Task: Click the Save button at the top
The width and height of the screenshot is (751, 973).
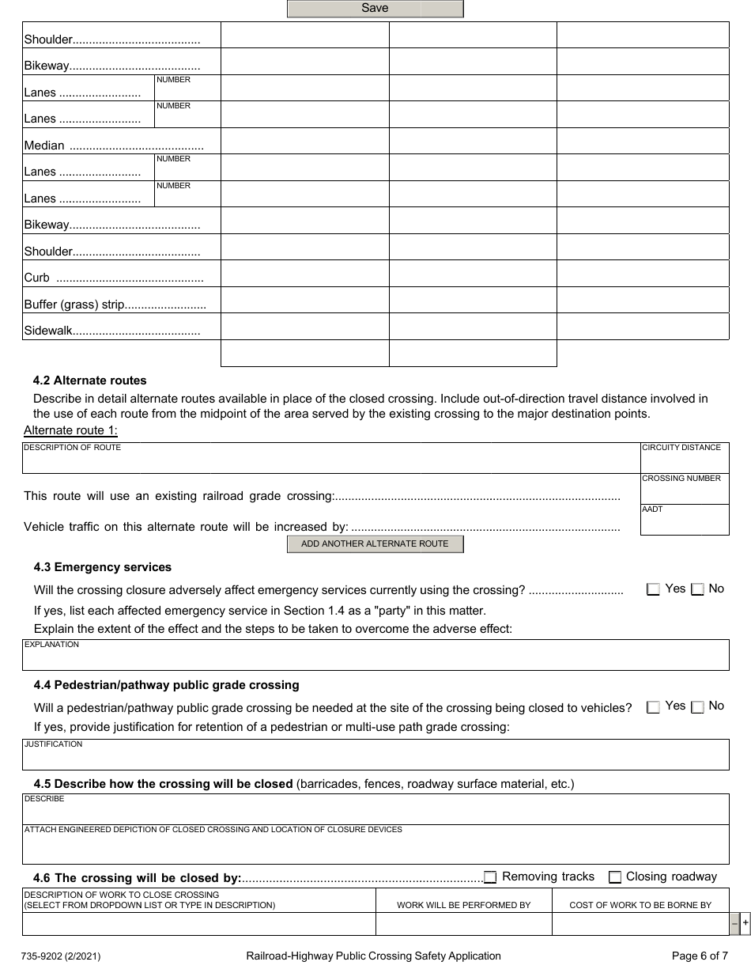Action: tap(375, 9)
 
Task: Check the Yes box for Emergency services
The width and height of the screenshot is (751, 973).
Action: tap(653, 589)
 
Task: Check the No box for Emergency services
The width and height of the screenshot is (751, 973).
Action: tap(697, 589)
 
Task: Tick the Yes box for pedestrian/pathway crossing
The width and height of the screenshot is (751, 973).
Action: tap(653, 708)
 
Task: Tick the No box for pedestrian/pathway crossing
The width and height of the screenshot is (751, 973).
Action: tap(697, 708)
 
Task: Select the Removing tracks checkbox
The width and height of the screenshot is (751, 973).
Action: tap(490, 877)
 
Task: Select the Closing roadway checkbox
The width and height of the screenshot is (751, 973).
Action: tap(615, 877)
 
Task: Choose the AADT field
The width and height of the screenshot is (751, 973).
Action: tap(685, 523)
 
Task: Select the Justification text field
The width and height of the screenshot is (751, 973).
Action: tap(375, 758)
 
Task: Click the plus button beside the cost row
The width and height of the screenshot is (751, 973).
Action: tap(745, 924)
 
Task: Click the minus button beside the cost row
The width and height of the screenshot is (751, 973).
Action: tap(734, 924)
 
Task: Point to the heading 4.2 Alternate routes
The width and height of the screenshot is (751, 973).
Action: tap(89, 380)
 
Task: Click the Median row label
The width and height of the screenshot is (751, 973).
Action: tap(44, 146)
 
